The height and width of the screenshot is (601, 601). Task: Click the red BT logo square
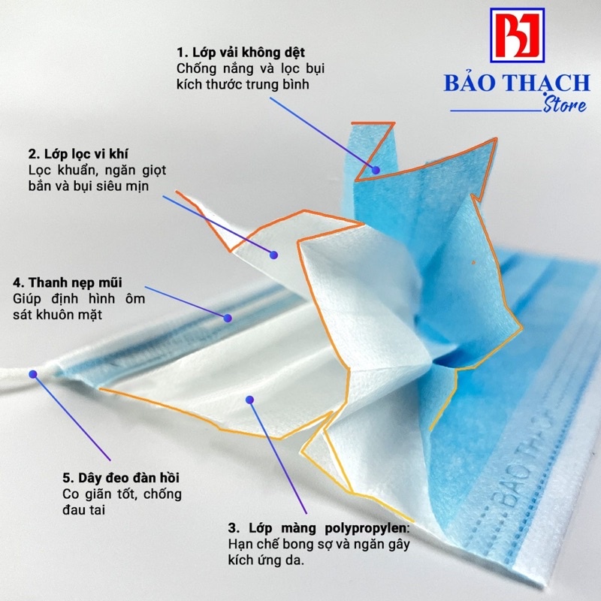coord(517,35)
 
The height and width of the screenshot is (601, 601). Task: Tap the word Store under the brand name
coord(566,105)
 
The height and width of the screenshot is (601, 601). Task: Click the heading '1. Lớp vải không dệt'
coord(240,53)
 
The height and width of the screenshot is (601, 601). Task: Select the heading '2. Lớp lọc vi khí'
coord(78,154)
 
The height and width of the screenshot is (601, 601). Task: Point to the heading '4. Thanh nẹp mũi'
coord(68,283)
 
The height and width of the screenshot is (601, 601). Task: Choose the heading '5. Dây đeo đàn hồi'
coord(121,478)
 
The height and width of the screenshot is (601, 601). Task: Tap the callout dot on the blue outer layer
coord(376,171)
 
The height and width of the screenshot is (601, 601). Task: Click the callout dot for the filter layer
coord(273,255)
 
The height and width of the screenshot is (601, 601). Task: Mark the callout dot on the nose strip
coord(228,318)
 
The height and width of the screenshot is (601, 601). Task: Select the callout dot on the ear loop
coord(33,374)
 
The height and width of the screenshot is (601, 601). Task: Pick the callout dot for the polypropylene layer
coord(250,400)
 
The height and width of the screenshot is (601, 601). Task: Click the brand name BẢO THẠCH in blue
coord(517,83)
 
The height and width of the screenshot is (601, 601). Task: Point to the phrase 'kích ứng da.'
coord(266,560)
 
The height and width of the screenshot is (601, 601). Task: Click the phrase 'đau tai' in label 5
coord(83,510)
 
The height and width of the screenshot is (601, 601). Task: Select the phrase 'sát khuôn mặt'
coord(58,315)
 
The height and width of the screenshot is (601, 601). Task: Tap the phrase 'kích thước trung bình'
coord(243,85)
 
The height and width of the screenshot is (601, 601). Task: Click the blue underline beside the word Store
coord(497,110)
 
